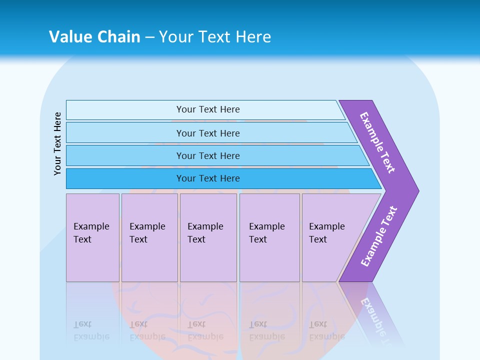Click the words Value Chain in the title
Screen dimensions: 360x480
94,36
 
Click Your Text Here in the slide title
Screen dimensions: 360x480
215,36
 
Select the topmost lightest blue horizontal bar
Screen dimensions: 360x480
125,110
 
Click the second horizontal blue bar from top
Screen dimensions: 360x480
125,133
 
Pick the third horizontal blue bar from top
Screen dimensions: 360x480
125,155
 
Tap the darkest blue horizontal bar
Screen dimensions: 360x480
125,178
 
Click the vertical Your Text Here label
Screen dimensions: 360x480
57,143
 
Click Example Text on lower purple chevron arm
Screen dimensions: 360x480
379,236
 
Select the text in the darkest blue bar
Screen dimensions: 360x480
208,178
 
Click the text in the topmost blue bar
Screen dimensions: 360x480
208,109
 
